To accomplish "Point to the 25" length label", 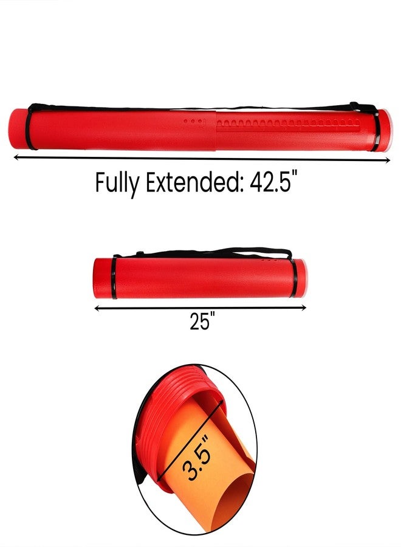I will coord(200,322).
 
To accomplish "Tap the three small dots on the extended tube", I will coord(193,122).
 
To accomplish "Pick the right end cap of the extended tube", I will coord(383,130).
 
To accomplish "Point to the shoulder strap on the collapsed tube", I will coord(200,251).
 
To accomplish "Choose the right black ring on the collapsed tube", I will coord(294,278).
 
